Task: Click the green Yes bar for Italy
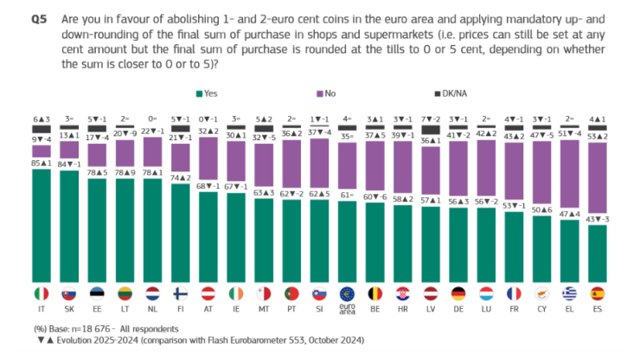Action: coord(42,225)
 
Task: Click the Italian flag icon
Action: coord(42,292)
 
